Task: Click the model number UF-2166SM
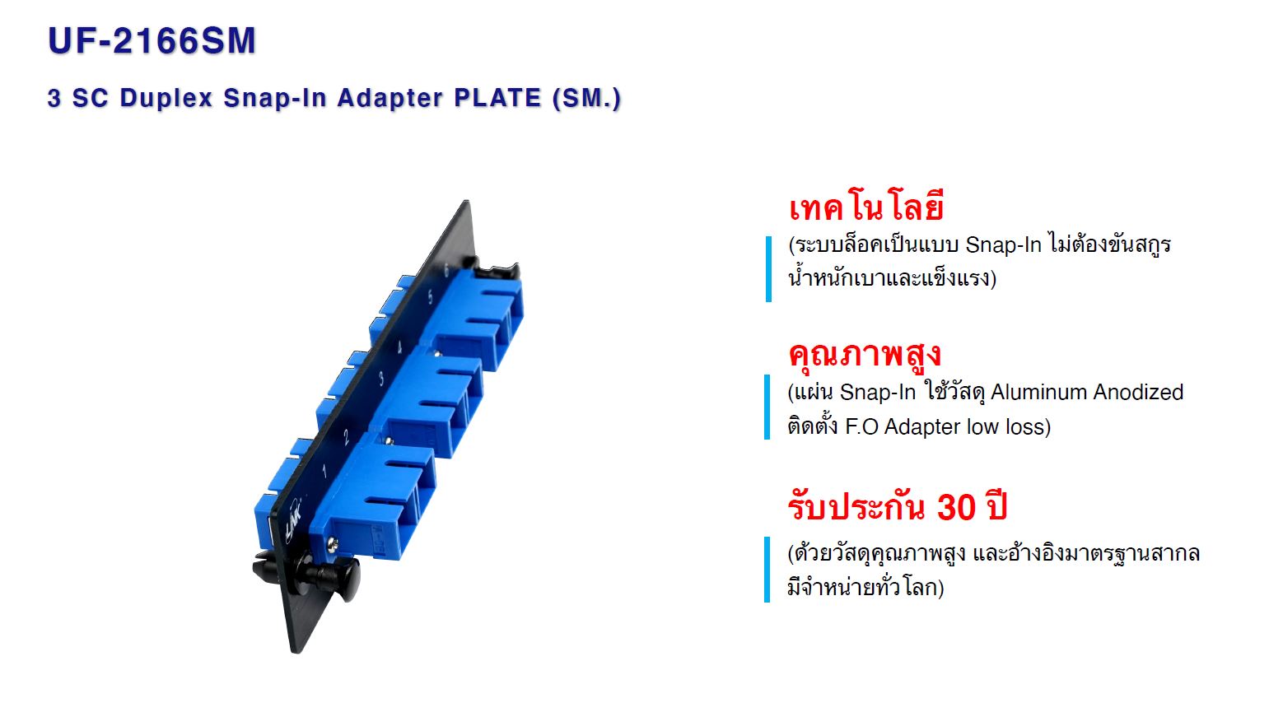coord(152,40)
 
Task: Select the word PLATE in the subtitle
coord(497,97)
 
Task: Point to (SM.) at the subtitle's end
coord(586,99)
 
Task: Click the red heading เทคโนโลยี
coord(866,207)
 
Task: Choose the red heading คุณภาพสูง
coord(865,355)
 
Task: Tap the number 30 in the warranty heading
coord(957,507)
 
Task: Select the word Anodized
coord(1138,392)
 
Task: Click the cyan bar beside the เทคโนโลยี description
coord(768,268)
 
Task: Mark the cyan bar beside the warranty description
coord(767,569)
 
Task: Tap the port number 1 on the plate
coord(324,471)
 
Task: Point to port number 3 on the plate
coord(381,378)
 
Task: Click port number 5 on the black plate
coord(430,296)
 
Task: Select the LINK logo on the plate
coord(292,522)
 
